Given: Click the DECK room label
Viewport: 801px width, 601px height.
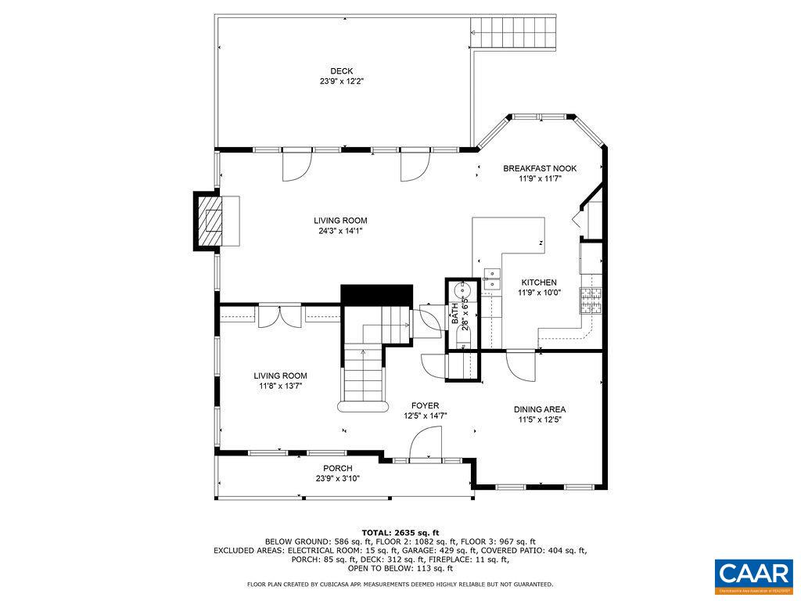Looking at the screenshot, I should [x=341, y=71].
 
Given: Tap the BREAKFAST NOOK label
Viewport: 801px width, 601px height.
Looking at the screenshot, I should [x=540, y=168].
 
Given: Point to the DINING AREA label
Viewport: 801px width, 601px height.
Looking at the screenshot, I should [x=539, y=409].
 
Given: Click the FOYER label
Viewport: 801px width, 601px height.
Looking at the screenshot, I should [x=426, y=405].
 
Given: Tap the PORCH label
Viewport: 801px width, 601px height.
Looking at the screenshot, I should [x=337, y=468].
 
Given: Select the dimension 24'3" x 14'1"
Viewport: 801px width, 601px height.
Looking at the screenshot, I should [x=340, y=231].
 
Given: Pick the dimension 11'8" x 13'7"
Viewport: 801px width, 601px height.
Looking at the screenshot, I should [x=281, y=386].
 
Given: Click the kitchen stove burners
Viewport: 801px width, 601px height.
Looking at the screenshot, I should [x=591, y=300].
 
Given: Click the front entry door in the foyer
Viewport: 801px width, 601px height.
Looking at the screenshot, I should [x=426, y=448].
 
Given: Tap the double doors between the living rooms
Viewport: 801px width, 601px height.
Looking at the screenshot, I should [x=281, y=315].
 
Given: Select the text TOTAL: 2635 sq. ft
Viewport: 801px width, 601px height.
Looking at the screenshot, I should [x=400, y=532].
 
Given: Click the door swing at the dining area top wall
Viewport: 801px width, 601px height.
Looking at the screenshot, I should [x=519, y=363].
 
